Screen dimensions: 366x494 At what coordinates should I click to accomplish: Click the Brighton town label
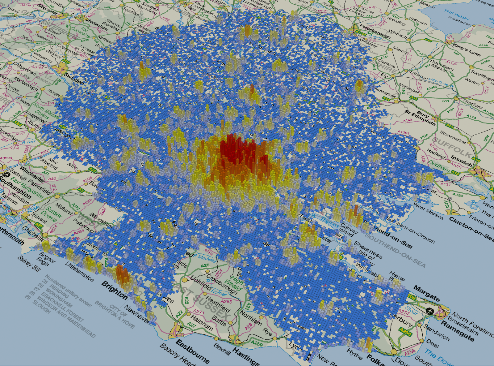(115, 290)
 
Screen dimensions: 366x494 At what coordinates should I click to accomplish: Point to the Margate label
(427, 294)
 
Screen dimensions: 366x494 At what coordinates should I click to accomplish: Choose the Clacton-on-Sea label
(471, 229)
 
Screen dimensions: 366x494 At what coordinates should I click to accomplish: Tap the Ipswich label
(461, 160)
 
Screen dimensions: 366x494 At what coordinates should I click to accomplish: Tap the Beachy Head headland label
(178, 355)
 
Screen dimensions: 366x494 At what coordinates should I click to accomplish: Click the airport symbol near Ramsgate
(429, 310)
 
